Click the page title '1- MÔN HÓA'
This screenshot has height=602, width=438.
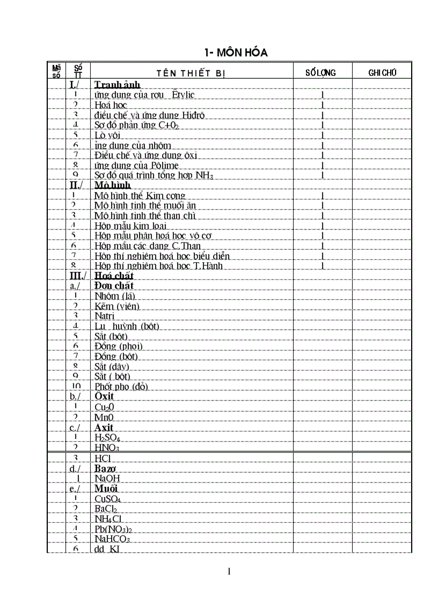[236, 53]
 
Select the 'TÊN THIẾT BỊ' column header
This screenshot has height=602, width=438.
[191, 73]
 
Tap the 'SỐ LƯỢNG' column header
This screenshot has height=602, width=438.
[320, 73]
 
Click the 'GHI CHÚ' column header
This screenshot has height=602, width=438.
[382, 73]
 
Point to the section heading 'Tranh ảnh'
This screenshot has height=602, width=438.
[117, 85]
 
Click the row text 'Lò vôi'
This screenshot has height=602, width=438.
[107, 135]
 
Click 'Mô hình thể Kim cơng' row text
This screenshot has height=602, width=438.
[140, 196]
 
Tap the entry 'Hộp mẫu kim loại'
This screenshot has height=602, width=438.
[130, 226]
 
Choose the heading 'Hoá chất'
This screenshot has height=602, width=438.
[114, 276]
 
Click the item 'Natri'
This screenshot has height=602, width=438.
[104, 316]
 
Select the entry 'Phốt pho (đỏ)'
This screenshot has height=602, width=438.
[121, 387]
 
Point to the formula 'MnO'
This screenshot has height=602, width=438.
[104, 417]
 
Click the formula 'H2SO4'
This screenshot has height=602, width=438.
[107, 437]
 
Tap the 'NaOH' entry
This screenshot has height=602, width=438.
[107, 478]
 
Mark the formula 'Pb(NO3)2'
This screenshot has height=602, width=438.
[113, 529]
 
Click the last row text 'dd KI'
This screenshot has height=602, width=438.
[107, 549]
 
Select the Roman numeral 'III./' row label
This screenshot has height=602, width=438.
[78, 276]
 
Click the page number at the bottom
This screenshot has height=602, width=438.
[230, 571]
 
